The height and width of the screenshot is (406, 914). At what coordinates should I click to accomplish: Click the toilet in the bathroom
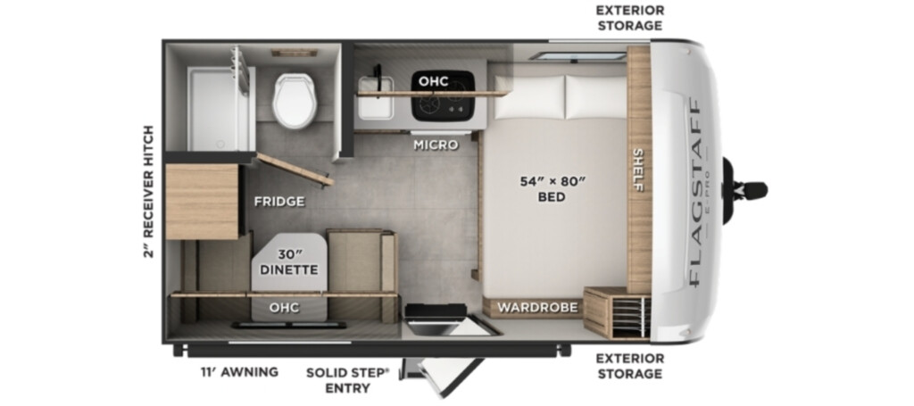[295, 100]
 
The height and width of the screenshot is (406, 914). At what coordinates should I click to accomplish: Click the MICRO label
[436, 145]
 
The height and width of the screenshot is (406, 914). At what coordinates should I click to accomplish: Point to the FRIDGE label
[279, 202]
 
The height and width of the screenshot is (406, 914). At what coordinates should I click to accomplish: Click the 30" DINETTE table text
[289, 262]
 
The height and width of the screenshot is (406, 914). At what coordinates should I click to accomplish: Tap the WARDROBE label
[537, 307]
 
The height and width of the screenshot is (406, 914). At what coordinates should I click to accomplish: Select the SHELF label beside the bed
[638, 170]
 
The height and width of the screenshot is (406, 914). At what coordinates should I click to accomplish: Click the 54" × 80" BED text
[552, 189]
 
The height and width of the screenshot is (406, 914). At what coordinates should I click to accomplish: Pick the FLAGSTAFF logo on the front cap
[694, 192]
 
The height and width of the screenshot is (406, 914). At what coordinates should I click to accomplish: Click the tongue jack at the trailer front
[744, 190]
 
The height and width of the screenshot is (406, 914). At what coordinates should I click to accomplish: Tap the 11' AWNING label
[239, 371]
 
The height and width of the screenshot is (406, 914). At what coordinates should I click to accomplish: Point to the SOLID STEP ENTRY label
[348, 380]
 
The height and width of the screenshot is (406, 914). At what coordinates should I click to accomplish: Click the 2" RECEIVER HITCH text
[148, 191]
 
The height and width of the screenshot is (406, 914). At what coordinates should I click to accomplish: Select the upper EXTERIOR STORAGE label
[629, 18]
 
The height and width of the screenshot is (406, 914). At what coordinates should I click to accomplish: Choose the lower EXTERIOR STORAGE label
[629, 366]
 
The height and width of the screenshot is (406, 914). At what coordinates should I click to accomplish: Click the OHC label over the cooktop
[433, 81]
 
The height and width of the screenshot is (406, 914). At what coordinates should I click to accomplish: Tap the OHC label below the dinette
[285, 307]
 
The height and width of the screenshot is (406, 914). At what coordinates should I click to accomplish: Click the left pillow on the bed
[530, 96]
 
